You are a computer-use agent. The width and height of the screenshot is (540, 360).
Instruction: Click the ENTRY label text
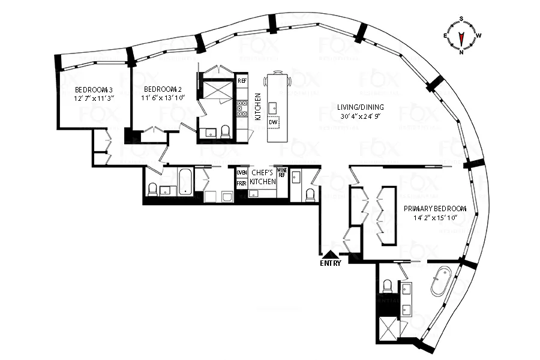pyautogui.click(x=331, y=263)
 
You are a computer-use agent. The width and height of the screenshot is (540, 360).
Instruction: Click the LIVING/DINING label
pyautogui.click(x=361, y=107)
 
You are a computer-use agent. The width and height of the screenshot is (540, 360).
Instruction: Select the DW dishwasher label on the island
pyautogui.click(x=274, y=122)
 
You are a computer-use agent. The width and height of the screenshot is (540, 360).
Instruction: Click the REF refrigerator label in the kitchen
pyautogui.click(x=242, y=80)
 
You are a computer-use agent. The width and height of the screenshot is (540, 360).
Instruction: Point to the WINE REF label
pyautogui.click(x=282, y=172)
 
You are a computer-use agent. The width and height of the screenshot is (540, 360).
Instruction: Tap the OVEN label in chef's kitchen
pyautogui.click(x=242, y=173)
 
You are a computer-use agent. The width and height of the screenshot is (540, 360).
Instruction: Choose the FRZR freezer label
pyautogui.click(x=242, y=184)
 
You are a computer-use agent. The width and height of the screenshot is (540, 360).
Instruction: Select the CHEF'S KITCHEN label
pyautogui.click(x=263, y=177)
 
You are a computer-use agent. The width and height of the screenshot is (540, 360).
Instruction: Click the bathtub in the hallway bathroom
pyautogui.click(x=185, y=182)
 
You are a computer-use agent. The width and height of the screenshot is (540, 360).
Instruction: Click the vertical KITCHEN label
pyautogui.click(x=257, y=107)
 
